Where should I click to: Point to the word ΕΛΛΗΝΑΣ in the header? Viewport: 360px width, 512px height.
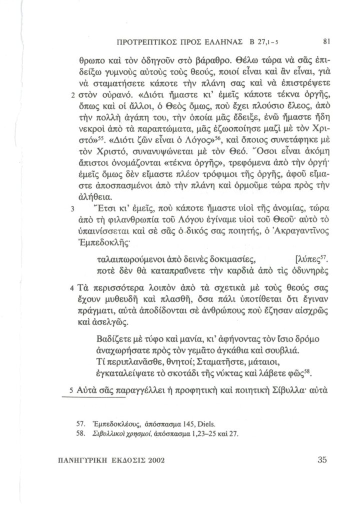point(219,40)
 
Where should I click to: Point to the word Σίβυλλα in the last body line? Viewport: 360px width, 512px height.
point(287,389)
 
